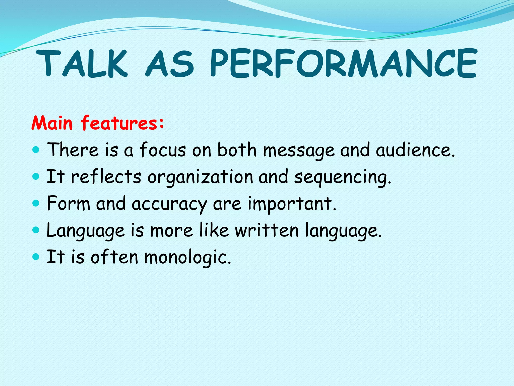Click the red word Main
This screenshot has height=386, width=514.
coord(52,123)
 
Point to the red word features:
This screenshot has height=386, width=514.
coord(122,123)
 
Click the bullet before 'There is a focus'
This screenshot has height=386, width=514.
coord(36,150)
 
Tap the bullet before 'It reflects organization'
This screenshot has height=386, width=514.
coord(36,177)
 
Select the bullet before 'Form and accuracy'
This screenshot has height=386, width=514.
coord(36,203)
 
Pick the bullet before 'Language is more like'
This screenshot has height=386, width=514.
coord(36,230)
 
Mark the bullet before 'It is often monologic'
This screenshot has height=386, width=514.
coord(36,257)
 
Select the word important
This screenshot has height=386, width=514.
coord(292,204)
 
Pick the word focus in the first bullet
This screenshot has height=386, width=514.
coord(163,150)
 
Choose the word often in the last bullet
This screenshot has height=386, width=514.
coord(114,257)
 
